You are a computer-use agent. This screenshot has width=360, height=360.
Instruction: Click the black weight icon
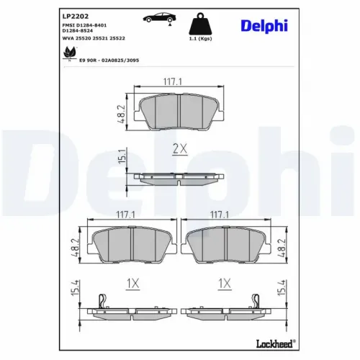coord(199,24)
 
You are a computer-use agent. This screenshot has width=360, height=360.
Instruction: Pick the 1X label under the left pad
coord(132,284)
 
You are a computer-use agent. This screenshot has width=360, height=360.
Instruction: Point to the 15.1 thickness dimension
coord(122,155)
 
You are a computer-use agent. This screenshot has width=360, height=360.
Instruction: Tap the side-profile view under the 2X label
coord(179,176)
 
